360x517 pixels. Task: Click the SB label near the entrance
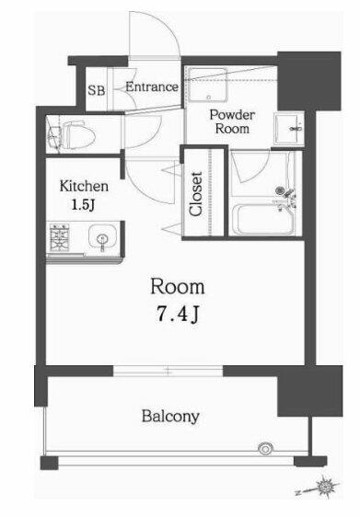97,90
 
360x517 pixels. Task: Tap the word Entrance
152,87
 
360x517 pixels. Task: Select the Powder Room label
232,121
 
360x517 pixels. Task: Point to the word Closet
196,194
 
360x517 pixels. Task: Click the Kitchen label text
84,187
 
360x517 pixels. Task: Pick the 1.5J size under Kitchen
83,205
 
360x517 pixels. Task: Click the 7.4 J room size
178,314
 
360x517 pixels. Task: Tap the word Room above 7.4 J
178,287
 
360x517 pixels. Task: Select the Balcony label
170,416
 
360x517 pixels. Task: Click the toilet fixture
71,135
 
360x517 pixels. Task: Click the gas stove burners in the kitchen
60,237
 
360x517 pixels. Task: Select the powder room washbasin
289,129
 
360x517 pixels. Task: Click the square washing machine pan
207,85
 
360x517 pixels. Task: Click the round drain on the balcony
266,449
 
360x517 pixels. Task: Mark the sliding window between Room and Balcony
168,371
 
